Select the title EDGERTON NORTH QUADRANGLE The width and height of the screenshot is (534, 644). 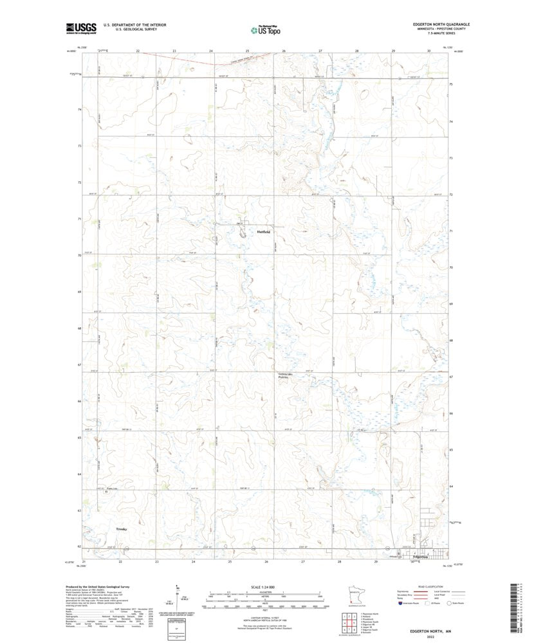coord(441,24)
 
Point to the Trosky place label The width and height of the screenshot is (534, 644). coord(122,529)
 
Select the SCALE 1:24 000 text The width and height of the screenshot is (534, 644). coord(266,586)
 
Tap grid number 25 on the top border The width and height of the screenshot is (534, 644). coord(247,50)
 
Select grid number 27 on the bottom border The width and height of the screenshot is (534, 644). coord(302,561)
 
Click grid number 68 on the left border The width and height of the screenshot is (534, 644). coord(78,328)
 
